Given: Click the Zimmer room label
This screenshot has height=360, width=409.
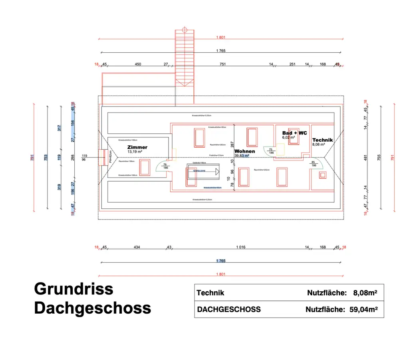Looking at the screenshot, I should [137, 147].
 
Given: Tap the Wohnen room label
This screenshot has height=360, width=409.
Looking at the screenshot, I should [244, 152].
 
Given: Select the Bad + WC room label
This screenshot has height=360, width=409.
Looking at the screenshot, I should [294, 133].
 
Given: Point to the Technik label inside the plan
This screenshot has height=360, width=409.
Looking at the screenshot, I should [322, 140].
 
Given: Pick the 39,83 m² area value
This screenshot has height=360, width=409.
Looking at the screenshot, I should [242, 156].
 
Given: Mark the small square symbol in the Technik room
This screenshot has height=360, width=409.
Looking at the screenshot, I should [322, 175].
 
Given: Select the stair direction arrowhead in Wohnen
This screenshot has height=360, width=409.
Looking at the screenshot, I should [217, 172].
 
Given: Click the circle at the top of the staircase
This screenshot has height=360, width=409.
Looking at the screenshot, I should [185, 30].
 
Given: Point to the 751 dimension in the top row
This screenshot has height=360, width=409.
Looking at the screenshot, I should [222, 64].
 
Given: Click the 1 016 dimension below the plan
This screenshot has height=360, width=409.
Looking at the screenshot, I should [240, 247].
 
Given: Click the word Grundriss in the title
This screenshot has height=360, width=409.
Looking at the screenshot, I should [73, 288].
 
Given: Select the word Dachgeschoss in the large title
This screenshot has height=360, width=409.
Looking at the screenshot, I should [93, 308].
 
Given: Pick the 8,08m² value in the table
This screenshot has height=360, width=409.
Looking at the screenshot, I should [365, 293].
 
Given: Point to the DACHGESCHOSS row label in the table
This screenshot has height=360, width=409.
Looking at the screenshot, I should [229, 309].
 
